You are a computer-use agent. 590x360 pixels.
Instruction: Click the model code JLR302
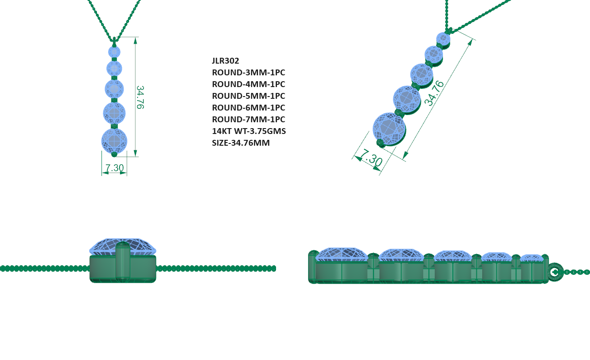click(x=225, y=60)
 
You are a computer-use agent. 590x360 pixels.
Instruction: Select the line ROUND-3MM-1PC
click(x=248, y=72)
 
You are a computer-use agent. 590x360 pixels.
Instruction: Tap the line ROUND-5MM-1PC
click(x=248, y=96)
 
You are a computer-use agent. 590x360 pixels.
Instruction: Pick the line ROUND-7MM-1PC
click(x=248, y=119)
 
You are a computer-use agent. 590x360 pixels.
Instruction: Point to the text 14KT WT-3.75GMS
click(x=249, y=131)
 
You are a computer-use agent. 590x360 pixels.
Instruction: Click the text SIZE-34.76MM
click(x=241, y=143)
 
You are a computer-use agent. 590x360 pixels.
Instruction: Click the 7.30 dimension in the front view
click(x=115, y=168)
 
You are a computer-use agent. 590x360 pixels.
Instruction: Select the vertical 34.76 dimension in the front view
click(x=140, y=97)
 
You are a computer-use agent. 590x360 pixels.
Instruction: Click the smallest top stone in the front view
click(x=114, y=51)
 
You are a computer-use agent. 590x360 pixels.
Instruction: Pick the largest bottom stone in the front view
click(x=114, y=140)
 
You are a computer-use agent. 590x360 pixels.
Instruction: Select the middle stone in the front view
click(x=114, y=88)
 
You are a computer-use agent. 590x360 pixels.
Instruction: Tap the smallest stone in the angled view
click(x=443, y=39)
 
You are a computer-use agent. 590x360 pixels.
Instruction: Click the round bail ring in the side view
click(x=554, y=272)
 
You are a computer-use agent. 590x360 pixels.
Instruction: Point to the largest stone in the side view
click(x=341, y=254)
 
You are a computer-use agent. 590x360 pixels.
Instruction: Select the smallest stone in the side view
click(x=532, y=258)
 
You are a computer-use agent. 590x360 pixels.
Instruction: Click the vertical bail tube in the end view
click(x=123, y=262)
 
